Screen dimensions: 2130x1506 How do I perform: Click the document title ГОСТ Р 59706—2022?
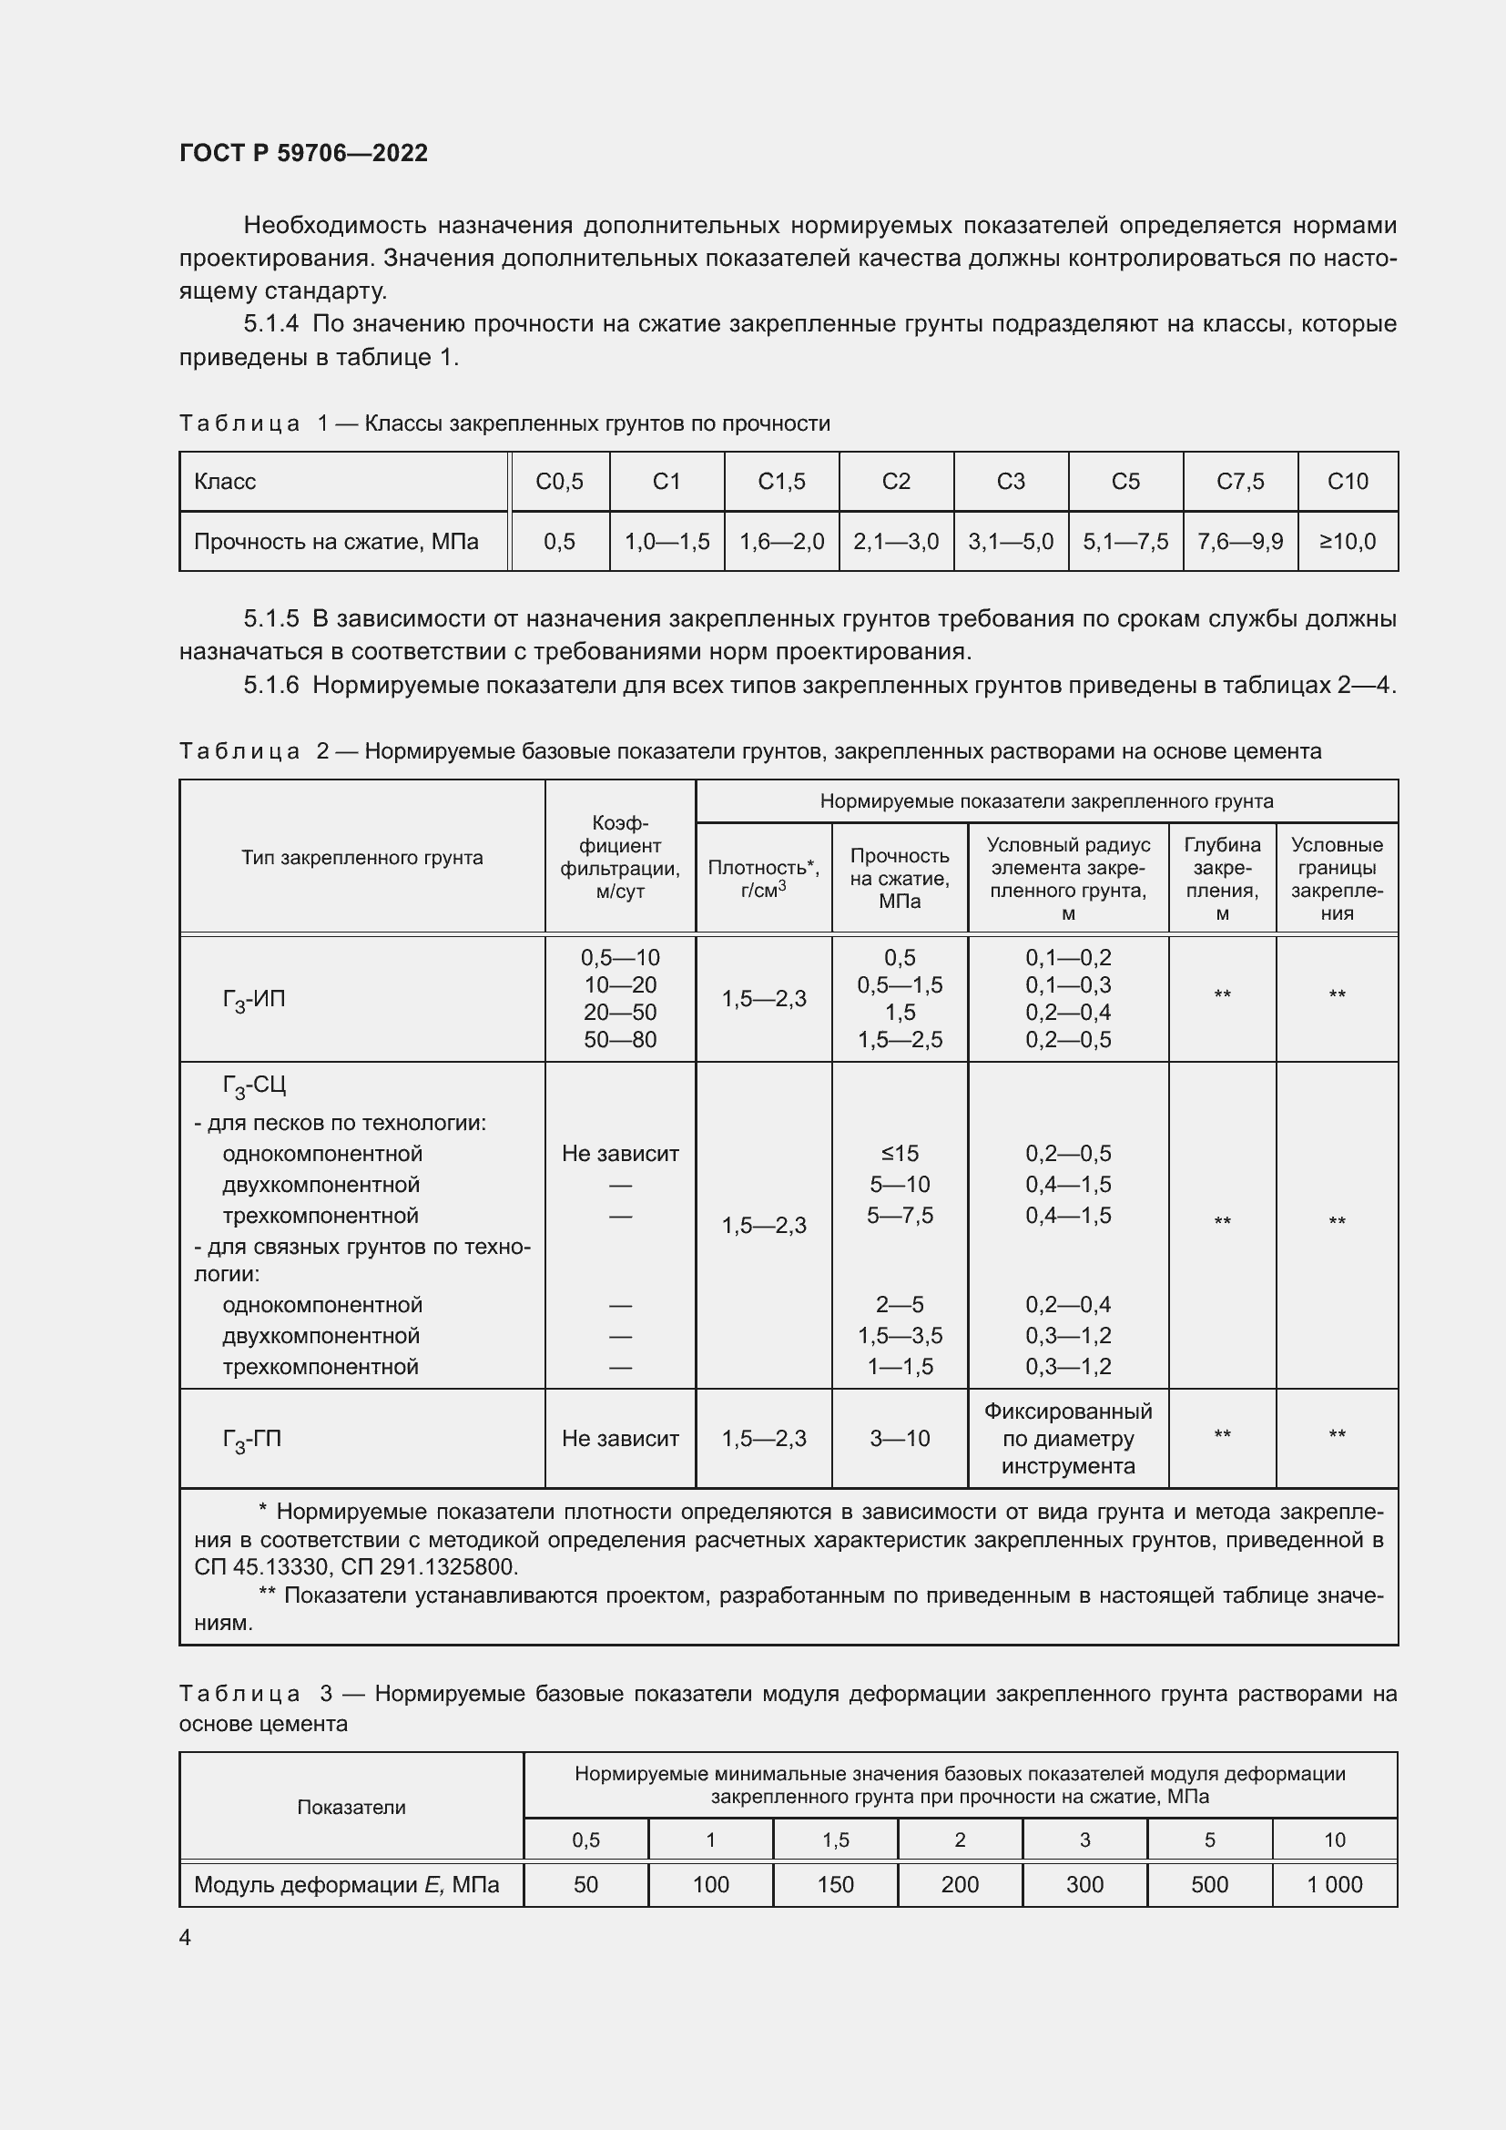[303, 153]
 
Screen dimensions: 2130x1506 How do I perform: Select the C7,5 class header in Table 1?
[1240, 482]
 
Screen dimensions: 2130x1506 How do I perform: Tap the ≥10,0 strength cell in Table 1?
[1348, 541]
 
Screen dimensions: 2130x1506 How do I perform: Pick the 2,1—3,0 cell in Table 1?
[896, 541]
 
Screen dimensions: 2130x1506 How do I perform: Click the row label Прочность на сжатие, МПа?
[336, 541]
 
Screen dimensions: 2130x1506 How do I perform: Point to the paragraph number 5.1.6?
[270, 686]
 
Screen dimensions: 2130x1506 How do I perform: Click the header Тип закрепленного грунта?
[361, 857]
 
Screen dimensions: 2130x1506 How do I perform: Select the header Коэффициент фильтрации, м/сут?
[619, 857]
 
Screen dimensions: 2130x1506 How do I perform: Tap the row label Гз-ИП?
[253, 999]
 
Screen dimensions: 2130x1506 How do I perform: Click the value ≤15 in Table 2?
[900, 1153]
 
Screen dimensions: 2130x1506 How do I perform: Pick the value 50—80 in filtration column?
[619, 1040]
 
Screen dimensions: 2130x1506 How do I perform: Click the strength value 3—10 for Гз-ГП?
[900, 1438]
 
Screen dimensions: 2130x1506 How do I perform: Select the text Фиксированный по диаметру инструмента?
[1067, 1438]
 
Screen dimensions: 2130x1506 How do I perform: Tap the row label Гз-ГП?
[251, 1439]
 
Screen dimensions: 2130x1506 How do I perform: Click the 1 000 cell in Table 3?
[1334, 1884]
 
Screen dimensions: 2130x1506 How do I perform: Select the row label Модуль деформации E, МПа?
[346, 1884]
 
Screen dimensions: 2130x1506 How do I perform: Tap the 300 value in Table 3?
[1084, 1884]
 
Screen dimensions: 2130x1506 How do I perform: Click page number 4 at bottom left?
[185, 1937]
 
